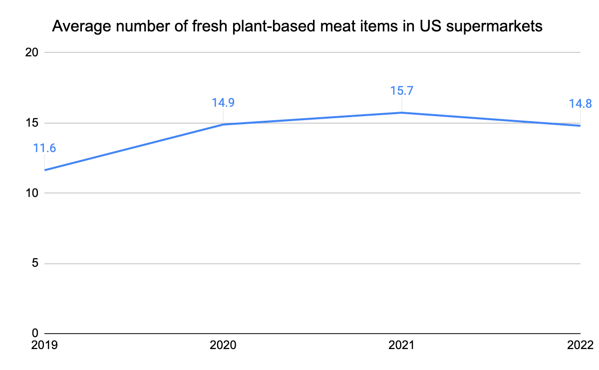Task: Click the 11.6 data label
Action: point(44,148)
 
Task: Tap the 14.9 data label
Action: point(223,103)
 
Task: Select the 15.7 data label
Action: point(402,91)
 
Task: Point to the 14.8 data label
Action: point(580,104)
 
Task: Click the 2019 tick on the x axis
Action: point(44,345)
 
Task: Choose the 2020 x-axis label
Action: point(223,345)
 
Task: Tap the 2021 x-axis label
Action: point(402,345)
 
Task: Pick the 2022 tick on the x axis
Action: point(580,345)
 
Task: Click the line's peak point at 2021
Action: point(402,113)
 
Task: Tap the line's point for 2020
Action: point(223,124)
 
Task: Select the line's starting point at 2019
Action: point(45,170)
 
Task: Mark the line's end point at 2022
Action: point(580,126)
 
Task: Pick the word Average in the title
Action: point(79,26)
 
